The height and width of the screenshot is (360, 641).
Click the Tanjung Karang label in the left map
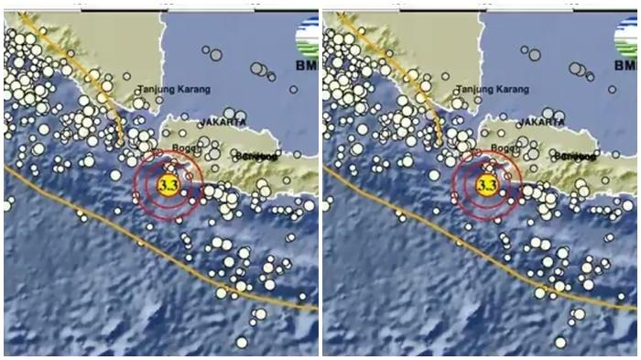pos(173,89)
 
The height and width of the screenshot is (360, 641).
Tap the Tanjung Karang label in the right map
pos(493,89)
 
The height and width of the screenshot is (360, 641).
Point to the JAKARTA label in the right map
pos(541,121)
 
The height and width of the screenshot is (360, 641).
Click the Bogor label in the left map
pos(184,147)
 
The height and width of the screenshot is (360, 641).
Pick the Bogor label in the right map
pos(504,147)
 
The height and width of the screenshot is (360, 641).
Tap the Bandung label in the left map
pos(256,156)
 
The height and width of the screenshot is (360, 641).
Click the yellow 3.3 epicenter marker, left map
pos(168,186)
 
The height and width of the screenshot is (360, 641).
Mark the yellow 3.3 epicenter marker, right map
pos(487,186)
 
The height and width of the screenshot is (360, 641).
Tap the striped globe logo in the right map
pos(625,38)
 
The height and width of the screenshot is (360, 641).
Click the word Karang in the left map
pos(192,89)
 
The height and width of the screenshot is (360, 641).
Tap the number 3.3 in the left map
pos(168,186)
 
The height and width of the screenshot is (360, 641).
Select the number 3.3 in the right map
pos(487,186)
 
